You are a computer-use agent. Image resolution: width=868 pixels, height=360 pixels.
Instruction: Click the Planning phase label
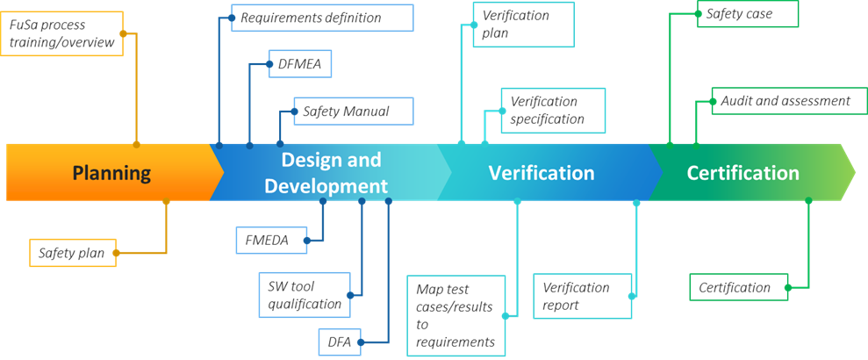111,173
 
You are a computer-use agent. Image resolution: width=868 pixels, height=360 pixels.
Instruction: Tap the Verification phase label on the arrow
542,173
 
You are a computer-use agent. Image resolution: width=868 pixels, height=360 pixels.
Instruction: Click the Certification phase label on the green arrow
742,173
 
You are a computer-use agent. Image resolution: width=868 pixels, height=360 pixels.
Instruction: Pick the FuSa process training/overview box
61,32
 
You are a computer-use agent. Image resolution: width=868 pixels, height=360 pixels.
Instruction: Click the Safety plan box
72,253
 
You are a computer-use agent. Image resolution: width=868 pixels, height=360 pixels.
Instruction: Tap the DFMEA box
300,64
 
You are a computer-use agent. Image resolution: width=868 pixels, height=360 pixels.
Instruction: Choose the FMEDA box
272,240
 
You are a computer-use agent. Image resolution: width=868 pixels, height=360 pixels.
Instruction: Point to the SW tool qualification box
305,294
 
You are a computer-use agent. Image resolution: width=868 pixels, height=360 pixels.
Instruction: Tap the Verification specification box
552,111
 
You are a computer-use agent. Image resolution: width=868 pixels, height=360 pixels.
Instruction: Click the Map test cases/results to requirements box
456,315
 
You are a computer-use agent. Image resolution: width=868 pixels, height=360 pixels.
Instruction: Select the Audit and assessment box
785,101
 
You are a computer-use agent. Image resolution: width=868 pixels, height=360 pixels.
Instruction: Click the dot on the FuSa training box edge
123,34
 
